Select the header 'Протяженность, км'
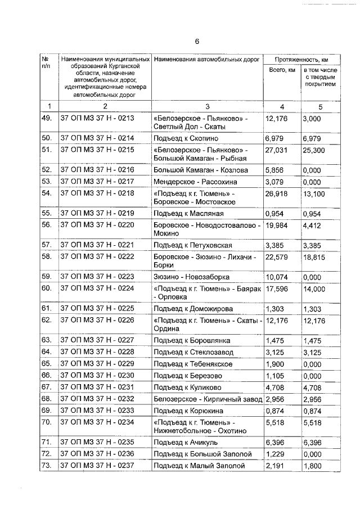(x=301, y=59)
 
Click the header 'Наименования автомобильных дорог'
(x=205, y=59)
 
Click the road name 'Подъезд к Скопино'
(x=186, y=138)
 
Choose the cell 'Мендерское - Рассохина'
(x=195, y=182)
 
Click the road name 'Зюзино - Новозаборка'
(x=191, y=276)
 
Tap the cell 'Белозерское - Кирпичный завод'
(x=208, y=399)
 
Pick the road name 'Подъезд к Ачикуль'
(x=186, y=442)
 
